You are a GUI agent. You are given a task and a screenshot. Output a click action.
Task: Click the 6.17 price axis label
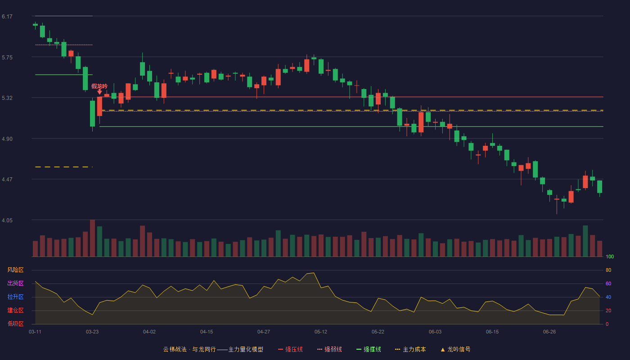tap(7, 17)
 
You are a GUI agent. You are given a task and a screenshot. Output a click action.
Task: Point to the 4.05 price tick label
tap(7, 220)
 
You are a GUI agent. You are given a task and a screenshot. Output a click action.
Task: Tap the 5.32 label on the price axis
tap(7, 98)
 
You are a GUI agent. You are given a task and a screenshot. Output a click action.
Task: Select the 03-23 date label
tap(92, 332)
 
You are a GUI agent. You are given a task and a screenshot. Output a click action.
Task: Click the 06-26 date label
tap(549, 332)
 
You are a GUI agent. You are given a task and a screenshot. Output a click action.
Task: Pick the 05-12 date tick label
tap(320, 332)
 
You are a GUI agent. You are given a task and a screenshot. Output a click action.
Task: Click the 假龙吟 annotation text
tap(99, 86)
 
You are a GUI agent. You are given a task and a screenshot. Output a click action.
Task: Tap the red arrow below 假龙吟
tap(99, 92)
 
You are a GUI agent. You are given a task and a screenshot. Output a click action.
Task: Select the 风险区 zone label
tap(15, 270)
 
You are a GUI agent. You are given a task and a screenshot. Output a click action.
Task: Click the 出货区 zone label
tap(15, 283)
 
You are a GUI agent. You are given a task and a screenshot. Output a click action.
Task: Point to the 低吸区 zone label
tap(15, 324)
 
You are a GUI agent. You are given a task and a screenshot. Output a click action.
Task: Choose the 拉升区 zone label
tap(15, 297)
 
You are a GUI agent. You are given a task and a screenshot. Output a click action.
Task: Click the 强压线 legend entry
tap(290, 349)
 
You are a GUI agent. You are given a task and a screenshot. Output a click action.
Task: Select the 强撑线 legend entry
tap(369, 349)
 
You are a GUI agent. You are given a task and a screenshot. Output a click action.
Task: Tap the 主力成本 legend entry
tap(410, 349)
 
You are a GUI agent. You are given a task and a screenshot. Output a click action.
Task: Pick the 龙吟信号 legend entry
tap(455, 349)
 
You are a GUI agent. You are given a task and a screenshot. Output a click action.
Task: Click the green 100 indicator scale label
tap(610, 256)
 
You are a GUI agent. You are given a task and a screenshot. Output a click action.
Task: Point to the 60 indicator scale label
tap(608, 283)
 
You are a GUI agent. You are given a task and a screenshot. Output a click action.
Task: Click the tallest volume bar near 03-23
tap(92, 238)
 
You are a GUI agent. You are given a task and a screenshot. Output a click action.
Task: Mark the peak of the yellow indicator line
tap(314, 273)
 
